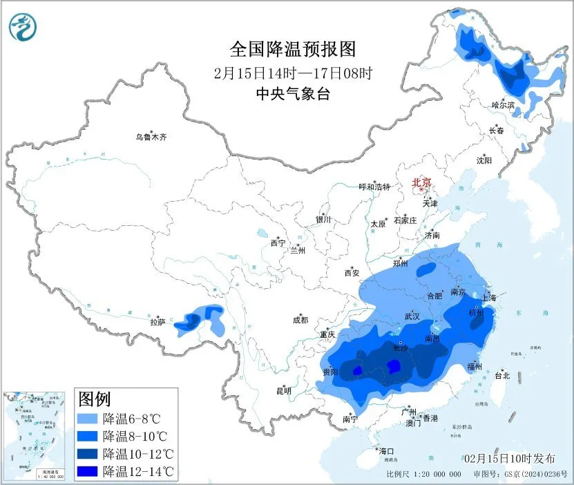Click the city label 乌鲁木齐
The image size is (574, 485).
coord(151,137)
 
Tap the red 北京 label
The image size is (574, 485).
coord(421,182)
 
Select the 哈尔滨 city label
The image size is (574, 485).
coord(504,105)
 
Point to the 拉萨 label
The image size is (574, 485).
coord(158,322)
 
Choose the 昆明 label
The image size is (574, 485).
coord(284,391)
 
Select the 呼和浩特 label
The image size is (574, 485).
coord(374,187)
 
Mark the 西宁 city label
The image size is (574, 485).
coord(278,243)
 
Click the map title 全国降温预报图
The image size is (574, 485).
coord(292,49)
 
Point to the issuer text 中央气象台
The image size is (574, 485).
coord(292,93)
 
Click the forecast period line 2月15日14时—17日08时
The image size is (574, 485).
coord(292,73)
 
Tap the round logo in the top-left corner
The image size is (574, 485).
coord(23,27)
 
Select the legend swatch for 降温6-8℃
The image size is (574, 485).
coord(88,419)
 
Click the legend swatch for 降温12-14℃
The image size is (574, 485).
coord(88,470)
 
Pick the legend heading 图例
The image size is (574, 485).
coord(95,399)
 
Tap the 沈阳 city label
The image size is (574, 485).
coord(484,160)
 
